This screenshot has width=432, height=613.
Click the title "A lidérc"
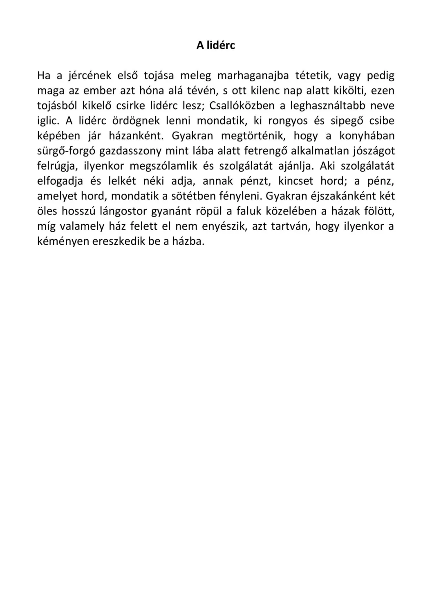(215, 45)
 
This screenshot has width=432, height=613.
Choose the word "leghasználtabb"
(327, 106)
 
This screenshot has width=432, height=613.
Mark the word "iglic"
(47, 121)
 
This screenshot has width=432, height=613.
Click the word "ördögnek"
(133, 121)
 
